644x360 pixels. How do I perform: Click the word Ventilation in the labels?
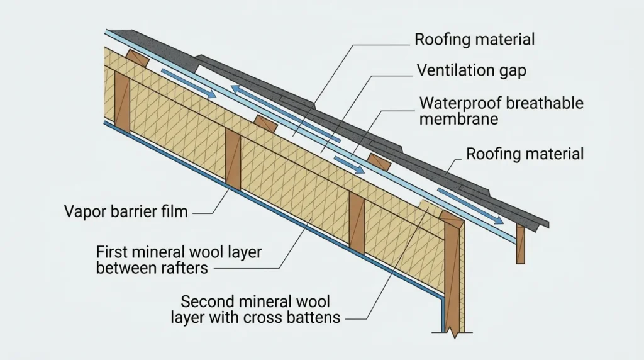tap(456, 70)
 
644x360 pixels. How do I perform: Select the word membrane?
tap(458, 119)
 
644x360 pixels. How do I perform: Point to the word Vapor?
tap(83, 212)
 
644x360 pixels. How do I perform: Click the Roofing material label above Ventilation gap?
tap(474, 40)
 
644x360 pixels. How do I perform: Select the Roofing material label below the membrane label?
tap(525, 154)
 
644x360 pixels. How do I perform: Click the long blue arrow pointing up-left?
tap(286, 114)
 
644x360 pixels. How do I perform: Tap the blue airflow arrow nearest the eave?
tap(470, 206)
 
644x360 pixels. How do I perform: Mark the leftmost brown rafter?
tap(122, 102)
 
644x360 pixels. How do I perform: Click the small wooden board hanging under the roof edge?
tap(520, 244)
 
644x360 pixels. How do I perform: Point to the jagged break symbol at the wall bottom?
tap(454, 333)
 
